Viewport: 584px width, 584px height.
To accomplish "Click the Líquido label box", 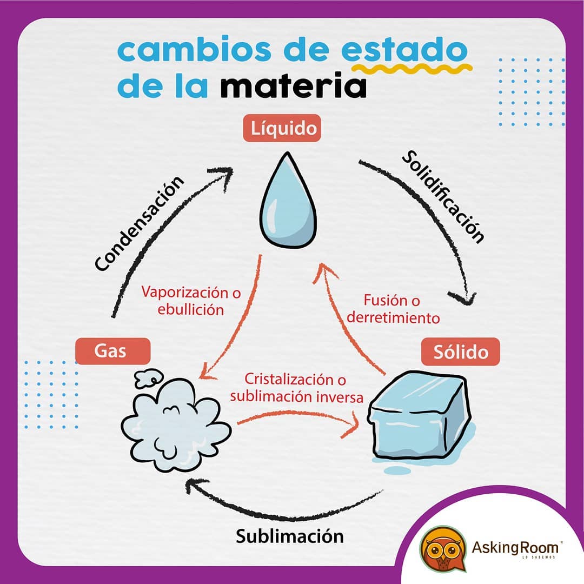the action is tap(282, 128).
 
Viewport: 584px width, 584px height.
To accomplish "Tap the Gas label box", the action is tap(113, 351).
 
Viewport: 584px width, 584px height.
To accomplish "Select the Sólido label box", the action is tap(460, 351).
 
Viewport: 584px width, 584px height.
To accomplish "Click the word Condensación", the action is tap(140, 223).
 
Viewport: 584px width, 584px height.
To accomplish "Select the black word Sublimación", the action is tap(290, 536).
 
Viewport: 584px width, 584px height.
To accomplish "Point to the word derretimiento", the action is tap(393, 318).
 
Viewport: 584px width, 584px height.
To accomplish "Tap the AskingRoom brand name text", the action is tap(515, 547).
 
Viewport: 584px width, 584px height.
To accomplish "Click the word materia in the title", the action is tap(293, 87).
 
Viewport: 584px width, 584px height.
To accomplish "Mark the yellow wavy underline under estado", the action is tap(412, 69).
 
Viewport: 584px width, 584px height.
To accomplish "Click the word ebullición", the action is tap(191, 309).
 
